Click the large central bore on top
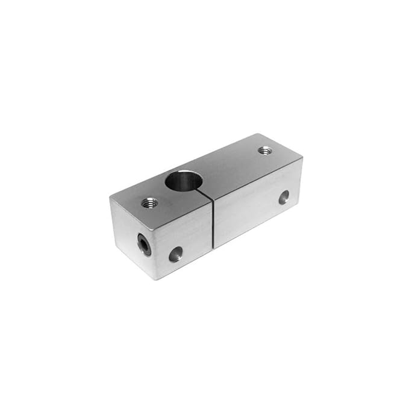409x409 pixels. tap(184, 180)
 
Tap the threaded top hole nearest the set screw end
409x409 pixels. tap(149, 203)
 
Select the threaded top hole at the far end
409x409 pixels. tap(264, 150)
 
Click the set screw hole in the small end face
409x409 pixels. tap(143, 245)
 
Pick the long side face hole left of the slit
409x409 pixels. tap(175, 254)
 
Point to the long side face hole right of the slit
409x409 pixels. tap(283, 197)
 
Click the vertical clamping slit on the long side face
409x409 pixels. tap(213, 223)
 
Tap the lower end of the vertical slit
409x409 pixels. tap(214, 248)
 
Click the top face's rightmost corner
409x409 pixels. tap(302, 158)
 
